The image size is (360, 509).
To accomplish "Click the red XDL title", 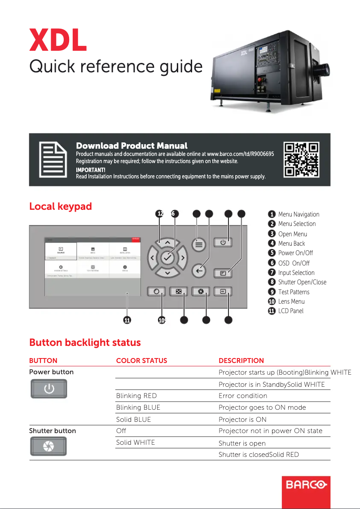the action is pyautogui.click(x=58, y=40).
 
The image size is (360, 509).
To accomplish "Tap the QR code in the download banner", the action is pyautogui.click(x=302, y=159).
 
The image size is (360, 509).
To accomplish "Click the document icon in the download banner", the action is pyautogui.click(x=52, y=159).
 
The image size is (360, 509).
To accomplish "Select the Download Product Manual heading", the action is pyautogui.click(x=132, y=146).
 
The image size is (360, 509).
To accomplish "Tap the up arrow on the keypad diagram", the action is pyautogui.click(x=167, y=243).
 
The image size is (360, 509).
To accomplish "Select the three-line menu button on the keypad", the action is pyautogui.click(x=199, y=244).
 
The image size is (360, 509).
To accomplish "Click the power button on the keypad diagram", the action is pyautogui.click(x=223, y=243).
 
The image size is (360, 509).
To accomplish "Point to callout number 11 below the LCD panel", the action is pyautogui.click(x=127, y=320).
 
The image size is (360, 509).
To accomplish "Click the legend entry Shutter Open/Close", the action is pyautogui.click(x=302, y=282).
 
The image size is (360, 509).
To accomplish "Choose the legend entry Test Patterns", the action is pyautogui.click(x=294, y=292).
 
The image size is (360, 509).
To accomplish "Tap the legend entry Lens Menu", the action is pyautogui.click(x=291, y=301).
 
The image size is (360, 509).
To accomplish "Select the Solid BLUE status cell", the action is pyautogui.click(x=133, y=419).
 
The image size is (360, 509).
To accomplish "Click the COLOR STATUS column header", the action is pyautogui.click(x=141, y=360).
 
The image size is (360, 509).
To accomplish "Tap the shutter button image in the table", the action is pyautogui.click(x=48, y=446).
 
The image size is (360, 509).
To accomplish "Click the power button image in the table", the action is pyautogui.click(x=49, y=389).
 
